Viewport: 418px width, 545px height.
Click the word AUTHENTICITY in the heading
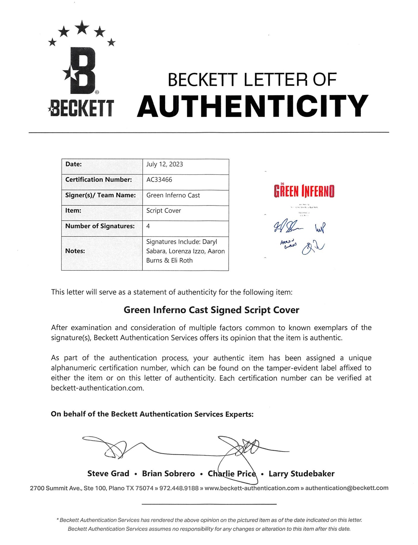[x=252, y=106]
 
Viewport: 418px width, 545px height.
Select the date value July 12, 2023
[x=164, y=164]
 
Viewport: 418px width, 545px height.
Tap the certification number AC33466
[x=159, y=180]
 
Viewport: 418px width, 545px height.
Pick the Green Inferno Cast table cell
[x=173, y=195]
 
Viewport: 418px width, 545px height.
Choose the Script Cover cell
[x=164, y=211]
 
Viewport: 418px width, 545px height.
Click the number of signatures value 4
[x=148, y=226]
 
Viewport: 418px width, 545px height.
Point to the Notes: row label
[x=75, y=251]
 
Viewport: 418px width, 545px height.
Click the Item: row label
[x=73, y=211]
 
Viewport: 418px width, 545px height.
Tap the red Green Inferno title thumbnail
[x=304, y=191]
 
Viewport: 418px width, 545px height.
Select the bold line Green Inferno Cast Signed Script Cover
[x=211, y=310]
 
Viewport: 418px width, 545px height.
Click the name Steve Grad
[x=108, y=474]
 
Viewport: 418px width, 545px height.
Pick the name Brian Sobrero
[x=168, y=474]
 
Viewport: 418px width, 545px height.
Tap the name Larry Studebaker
[x=301, y=474]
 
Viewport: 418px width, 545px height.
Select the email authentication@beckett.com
[x=347, y=488]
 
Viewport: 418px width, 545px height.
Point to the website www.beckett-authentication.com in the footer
[x=252, y=488]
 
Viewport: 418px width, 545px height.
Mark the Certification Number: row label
[x=98, y=180]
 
